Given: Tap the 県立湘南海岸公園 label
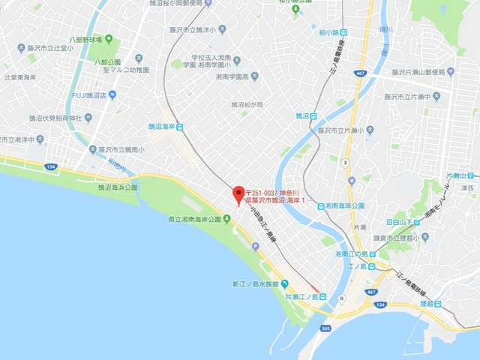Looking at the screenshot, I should [x=195, y=219].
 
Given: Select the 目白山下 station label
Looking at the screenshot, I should [x=400, y=223].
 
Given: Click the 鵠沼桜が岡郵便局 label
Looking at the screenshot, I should [x=196, y=4].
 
